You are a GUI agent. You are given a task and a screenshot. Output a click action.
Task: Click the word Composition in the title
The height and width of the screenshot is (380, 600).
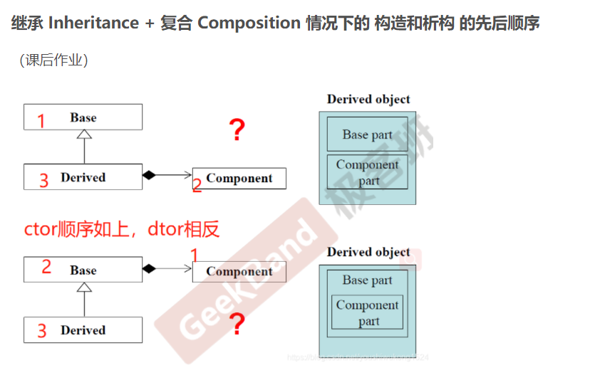coord(249,23)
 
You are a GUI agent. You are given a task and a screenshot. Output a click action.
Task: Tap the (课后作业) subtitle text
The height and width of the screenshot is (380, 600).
coord(53,60)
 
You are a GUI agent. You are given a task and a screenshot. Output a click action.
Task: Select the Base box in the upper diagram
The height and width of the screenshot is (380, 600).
coord(83,117)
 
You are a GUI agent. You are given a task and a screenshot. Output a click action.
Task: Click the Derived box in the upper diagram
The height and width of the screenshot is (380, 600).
coord(83,177)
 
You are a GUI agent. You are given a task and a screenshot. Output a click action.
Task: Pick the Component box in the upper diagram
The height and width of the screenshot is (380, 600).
coord(239,178)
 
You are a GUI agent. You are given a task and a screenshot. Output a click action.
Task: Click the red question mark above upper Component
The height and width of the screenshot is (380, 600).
coord(237,130)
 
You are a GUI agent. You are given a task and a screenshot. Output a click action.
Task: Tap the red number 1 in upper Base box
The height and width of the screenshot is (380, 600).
coord(41,121)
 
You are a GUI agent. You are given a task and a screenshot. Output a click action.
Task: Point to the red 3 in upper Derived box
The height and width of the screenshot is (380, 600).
coord(43,180)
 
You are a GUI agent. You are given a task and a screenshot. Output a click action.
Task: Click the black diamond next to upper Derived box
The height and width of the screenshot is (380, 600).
coord(149,175)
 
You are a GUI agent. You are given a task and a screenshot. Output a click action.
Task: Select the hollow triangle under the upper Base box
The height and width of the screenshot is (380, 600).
coord(84,134)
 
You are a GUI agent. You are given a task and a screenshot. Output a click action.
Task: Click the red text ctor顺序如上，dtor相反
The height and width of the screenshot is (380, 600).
coord(122,229)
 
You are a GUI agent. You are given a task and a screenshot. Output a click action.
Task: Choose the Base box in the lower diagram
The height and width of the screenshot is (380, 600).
coord(83,270)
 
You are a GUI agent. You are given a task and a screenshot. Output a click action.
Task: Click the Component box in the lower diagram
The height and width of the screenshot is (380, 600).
coord(239,271)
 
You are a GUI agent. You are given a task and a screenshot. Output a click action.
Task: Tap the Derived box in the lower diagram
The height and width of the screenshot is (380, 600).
coord(83,330)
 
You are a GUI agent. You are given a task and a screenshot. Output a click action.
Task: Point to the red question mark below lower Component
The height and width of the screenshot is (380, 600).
coord(237,324)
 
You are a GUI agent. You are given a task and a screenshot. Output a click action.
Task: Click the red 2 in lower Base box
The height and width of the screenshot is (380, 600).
coord(46,267)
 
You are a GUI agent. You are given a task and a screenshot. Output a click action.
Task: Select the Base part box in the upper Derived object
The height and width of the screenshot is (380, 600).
coord(367,134)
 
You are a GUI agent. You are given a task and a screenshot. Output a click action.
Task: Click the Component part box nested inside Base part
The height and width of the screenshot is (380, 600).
coord(367,312)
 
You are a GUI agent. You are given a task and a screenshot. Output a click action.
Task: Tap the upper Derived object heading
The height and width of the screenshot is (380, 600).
coord(368,100)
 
